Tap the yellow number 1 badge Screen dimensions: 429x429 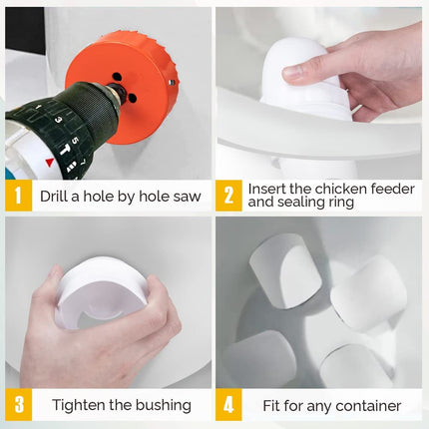18,196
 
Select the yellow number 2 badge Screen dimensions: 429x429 230,196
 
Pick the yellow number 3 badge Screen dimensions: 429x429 18,405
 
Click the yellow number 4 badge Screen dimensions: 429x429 230,405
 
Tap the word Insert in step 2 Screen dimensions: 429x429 268,188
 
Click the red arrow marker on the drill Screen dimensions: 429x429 50,162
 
